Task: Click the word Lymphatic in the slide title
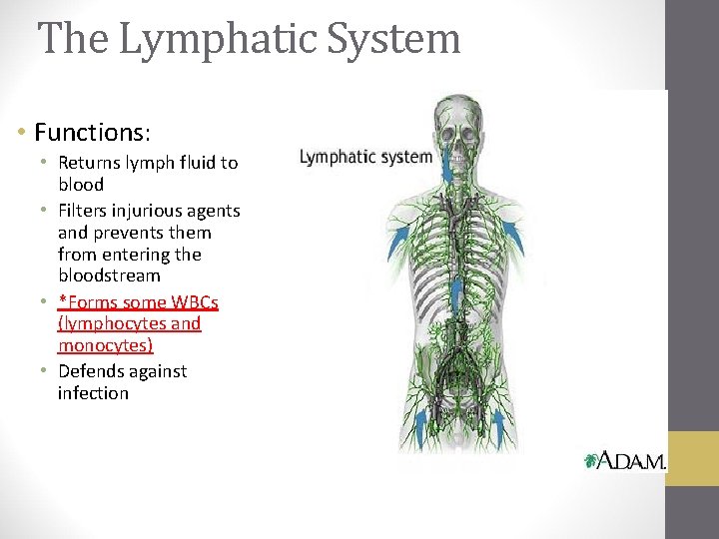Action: point(199,40)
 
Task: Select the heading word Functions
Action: point(88,132)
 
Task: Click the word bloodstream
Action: point(109,274)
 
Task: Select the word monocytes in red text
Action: point(105,345)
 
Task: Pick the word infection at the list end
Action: point(93,393)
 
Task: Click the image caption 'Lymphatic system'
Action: point(365,157)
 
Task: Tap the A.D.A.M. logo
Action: point(625,460)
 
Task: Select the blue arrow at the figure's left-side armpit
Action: point(397,241)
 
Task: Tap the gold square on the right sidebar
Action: point(692,458)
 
